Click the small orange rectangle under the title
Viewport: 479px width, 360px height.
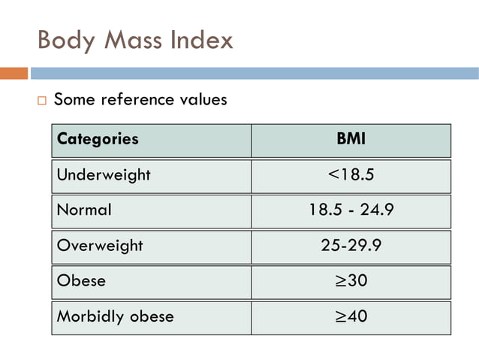pyautogui.click(x=14, y=73)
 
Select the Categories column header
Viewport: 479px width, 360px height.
pyautogui.click(x=98, y=139)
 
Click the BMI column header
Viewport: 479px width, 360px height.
pyautogui.click(x=351, y=139)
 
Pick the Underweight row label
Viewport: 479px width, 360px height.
pyautogui.click(x=104, y=175)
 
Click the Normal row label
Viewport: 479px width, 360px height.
pyautogui.click(x=84, y=210)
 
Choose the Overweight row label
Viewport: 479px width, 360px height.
pyautogui.click(x=100, y=246)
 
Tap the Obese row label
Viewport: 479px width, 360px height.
pyautogui.click(x=81, y=281)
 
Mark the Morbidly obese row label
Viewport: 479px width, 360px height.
pyautogui.click(x=115, y=316)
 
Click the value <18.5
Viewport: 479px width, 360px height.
pyautogui.click(x=351, y=175)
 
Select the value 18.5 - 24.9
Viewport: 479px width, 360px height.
pyautogui.click(x=351, y=210)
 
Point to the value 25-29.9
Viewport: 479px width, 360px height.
pyautogui.click(x=351, y=246)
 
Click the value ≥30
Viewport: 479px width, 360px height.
pyautogui.click(x=351, y=281)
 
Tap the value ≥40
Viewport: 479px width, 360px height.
pyautogui.click(x=351, y=316)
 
